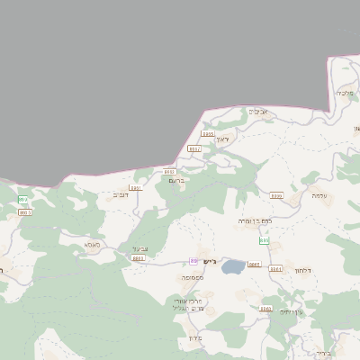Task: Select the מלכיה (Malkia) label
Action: click(346, 93)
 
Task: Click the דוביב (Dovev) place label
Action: click(120, 194)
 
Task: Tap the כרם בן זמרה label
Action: click(254, 220)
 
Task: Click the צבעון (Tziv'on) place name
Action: click(139, 249)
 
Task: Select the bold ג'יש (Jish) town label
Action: click(205, 261)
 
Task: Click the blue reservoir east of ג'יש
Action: click(232, 266)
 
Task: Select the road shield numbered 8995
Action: click(208, 133)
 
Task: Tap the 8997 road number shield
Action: click(193, 148)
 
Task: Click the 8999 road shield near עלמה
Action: click(276, 195)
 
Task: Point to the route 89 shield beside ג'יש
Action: click(193, 261)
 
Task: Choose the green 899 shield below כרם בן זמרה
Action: click(264, 241)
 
